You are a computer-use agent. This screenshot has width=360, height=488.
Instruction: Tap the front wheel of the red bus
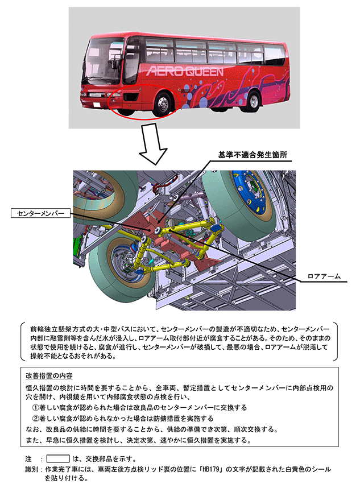click(x=164, y=105)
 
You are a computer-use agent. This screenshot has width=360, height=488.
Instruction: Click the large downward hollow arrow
click(x=153, y=150)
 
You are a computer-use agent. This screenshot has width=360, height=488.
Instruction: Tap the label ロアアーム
click(x=323, y=276)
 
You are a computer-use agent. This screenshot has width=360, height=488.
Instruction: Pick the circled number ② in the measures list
click(x=36, y=418)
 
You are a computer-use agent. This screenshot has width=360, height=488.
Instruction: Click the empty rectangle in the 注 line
click(x=57, y=458)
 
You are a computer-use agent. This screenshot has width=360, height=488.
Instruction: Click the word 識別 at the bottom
click(x=32, y=470)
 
